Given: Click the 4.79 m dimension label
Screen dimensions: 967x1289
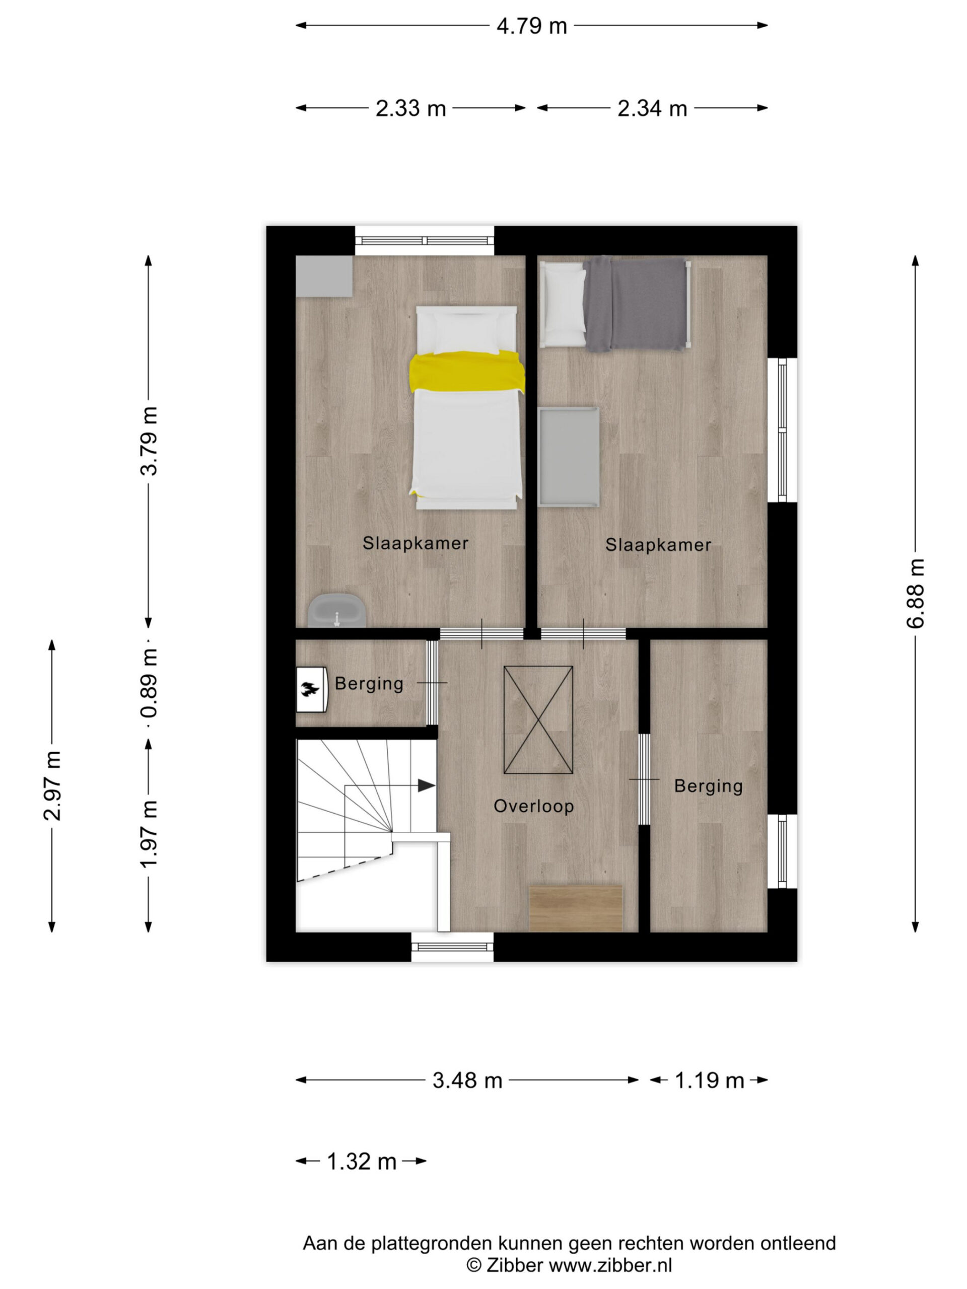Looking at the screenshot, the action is pyautogui.click(x=531, y=26).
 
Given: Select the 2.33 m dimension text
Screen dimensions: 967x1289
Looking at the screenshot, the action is pyautogui.click(x=410, y=108).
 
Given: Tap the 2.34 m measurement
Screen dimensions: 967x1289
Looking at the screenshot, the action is pyautogui.click(x=652, y=108).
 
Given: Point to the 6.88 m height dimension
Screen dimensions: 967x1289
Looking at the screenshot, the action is pyautogui.click(x=915, y=593).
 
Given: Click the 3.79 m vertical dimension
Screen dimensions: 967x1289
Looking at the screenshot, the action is pyautogui.click(x=149, y=441).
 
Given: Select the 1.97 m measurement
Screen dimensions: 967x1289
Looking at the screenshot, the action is pyautogui.click(x=149, y=834).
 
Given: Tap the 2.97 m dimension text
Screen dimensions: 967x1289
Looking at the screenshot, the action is pyautogui.click(x=52, y=785).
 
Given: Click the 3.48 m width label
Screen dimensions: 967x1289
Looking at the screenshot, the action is pyautogui.click(x=467, y=1081).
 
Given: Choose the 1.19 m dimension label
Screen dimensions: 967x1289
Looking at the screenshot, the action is pyautogui.click(x=709, y=1081).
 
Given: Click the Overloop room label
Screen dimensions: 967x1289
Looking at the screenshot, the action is pyautogui.click(x=533, y=807).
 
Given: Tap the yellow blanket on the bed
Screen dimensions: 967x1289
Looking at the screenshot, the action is pyautogui.click(x=467, y=372).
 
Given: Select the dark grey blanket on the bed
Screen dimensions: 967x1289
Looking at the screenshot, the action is pyautogui.click(x=635, y=305).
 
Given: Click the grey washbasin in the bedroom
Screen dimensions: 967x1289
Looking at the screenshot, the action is pyautogui.click(x=337, y=611).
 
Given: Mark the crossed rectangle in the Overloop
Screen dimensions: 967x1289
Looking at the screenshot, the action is pyautogui.click(x=538, y=720).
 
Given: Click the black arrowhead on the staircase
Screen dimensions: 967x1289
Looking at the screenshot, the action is pyautogui.click(x=426, y=785).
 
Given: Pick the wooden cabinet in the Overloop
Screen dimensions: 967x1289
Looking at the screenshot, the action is pyautogui.click(x=576, y=908).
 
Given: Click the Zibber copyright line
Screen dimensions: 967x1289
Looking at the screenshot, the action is pyautogui.click(x=569, y=1265).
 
